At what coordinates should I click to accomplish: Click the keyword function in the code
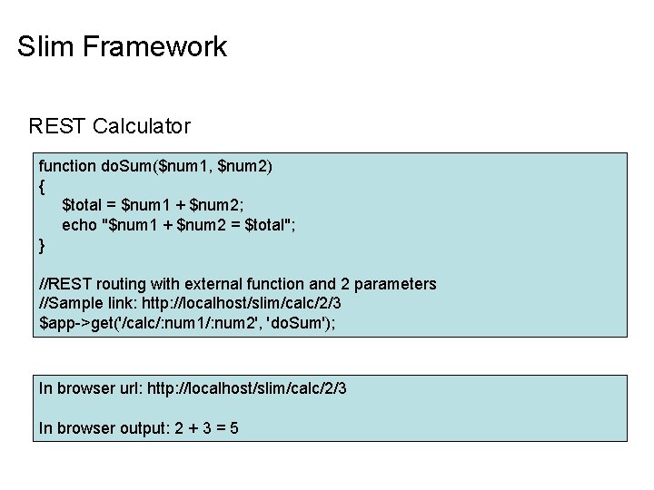(x=66, y=166)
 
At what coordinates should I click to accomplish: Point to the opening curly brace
(x=42, y=186)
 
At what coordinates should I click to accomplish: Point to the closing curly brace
(x=42, y=245)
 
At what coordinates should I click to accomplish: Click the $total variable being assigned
(x=84, y=206)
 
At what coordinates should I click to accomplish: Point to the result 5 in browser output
(x=234, y=428)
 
